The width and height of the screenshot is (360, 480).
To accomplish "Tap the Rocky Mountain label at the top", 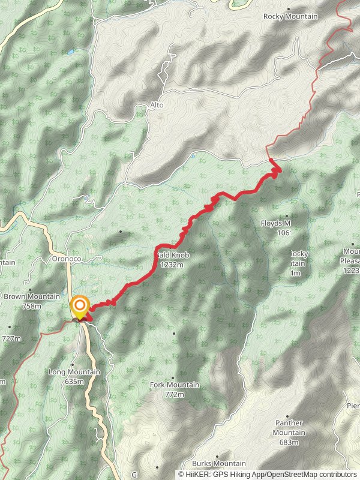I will tap(290, 16).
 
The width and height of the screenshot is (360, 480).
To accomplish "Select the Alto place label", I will tap(157, 105).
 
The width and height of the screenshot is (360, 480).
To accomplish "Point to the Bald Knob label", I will tap(173, 255).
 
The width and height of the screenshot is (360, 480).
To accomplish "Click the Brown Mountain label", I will tap(32, 296).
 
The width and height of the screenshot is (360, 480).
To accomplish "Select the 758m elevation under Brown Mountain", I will tap(32, 306).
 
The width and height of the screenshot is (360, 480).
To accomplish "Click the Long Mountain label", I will tap(74, 372).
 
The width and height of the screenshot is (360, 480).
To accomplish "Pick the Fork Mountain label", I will tap(174, 385).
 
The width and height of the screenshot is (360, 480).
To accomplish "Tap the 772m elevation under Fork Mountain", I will tap(174, 394).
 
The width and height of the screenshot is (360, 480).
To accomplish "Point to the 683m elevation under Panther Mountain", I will tap(289, 442).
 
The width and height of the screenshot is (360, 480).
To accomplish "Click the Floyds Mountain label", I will tap(276, 224).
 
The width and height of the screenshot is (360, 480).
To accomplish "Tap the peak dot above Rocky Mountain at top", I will tap(289, 9).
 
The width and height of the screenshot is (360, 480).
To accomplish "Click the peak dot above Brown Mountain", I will tap(30, 289).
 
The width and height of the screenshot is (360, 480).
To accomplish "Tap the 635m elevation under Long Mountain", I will tap(74, 381).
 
